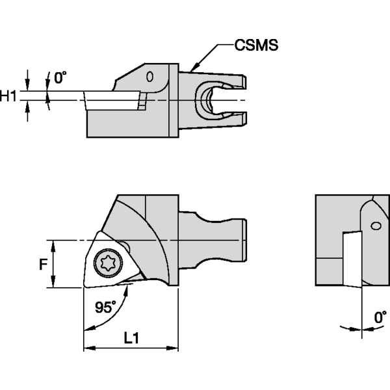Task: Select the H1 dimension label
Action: pos(8,96)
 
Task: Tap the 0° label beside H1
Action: pos(60,79)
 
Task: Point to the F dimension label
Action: pos(42,265)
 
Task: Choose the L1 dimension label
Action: pos(131,338)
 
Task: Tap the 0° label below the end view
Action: pos(380,318)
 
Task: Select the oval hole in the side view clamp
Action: pos(150,77)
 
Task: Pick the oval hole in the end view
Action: pos(375,226)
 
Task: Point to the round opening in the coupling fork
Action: pos(210,100)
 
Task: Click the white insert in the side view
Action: pos(112,101)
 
